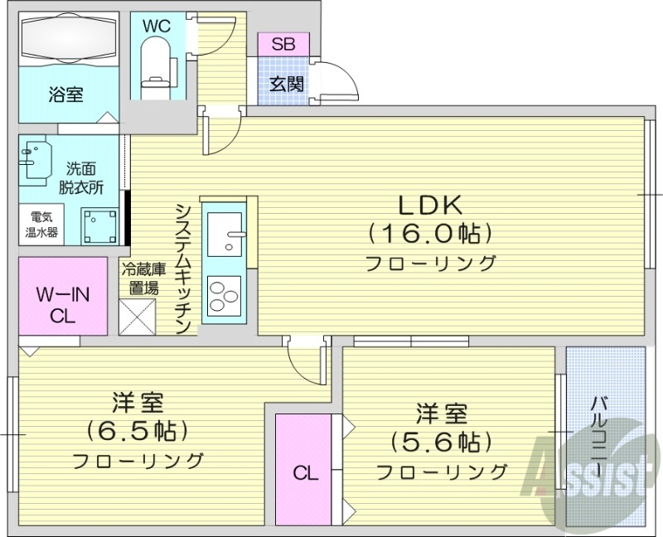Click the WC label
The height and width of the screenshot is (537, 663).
coord(156,26)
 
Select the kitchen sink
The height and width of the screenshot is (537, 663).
coord(225,235)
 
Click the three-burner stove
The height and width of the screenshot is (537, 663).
coord(222,296)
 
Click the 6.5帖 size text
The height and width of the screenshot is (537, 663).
coord(138,432)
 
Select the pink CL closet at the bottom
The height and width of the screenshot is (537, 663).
coord(304,472)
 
